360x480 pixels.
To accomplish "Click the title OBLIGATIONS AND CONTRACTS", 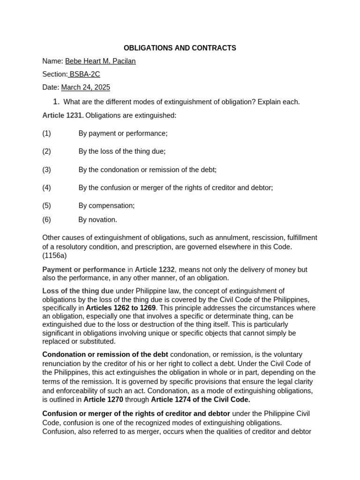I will (x=180, y=48).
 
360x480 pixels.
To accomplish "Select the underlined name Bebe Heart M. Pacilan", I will (x=100, y=61).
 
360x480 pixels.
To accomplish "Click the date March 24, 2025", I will (x=85, y=88).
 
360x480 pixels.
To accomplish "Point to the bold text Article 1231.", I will (x=63, y=115).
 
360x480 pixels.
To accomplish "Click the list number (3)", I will (x=46, y=170).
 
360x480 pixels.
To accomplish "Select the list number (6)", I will (x=46, y=220).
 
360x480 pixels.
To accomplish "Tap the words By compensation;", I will (x=106, y=206).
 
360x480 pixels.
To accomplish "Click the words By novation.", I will (x=97, y=220).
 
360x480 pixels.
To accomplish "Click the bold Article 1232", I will (x=155, y=270).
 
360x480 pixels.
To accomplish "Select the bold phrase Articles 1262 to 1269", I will (x=121, y=308).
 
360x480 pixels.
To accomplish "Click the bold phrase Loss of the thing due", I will (x=78, y=291).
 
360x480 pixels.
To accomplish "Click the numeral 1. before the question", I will (x=56, y=102).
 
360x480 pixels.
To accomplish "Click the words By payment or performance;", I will (x=123, y=134).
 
